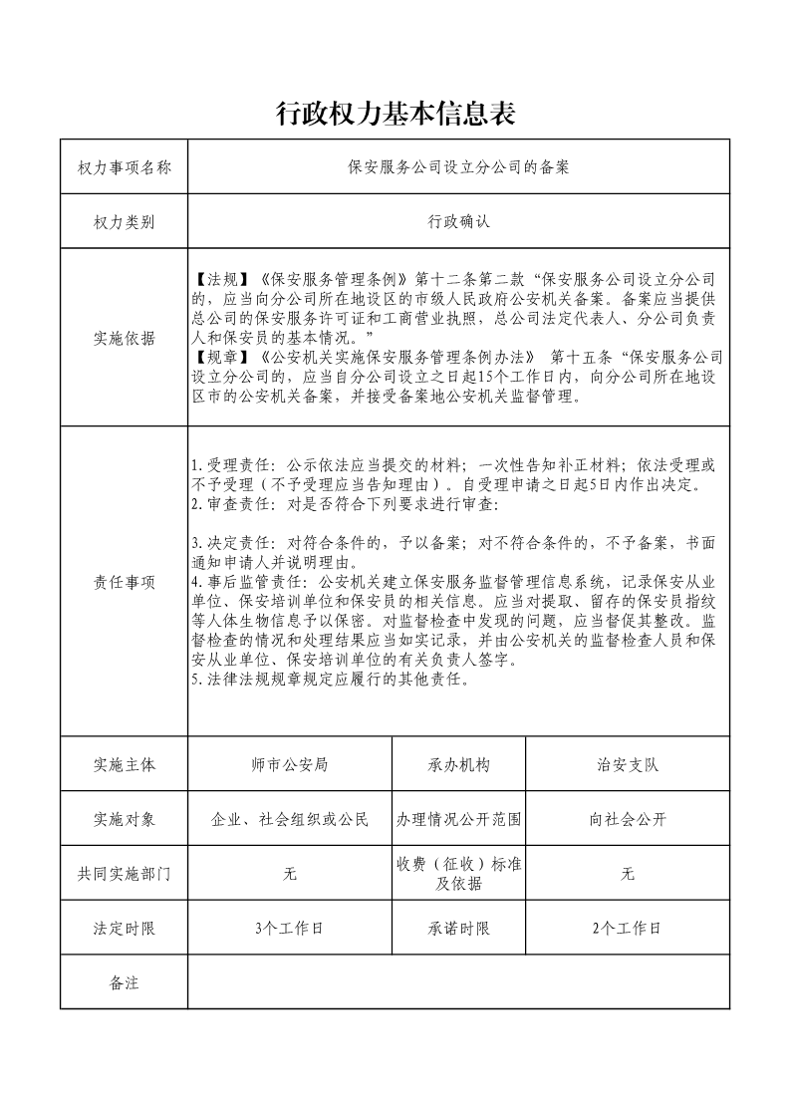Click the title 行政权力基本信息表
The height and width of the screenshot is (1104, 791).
click(x=395, y=115)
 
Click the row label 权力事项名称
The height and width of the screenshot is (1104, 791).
click(x=124, y=167)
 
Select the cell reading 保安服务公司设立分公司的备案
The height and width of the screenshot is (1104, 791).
click(x=458, y=167)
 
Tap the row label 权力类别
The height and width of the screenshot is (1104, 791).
click(x=124, y=222)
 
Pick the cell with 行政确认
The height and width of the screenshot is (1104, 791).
click(x=458, y=222)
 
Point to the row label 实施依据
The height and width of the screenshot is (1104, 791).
click(x=124, y=338)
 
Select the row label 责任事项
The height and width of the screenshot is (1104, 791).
click(x=124, y=583)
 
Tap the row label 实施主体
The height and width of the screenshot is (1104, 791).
click(x=124, y=765)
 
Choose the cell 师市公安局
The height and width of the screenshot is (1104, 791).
click(x=290, y=765)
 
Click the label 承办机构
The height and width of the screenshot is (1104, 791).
click(x=458, y=765)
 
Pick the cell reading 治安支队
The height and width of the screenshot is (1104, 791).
click(x=628, y=765)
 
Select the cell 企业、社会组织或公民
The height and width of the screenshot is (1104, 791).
click(x=290, y=820)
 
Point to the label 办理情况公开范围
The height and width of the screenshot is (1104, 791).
click(x=458, y=820)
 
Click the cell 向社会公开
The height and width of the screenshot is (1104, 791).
click(x=628, y=820)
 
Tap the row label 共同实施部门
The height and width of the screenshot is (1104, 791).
click(x=124, y=874)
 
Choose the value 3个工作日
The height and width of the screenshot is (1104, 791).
click(x=290, y=928)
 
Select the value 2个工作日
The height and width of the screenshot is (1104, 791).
click(x=628, y=928)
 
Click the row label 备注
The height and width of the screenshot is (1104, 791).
click(x=124, y=982)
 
